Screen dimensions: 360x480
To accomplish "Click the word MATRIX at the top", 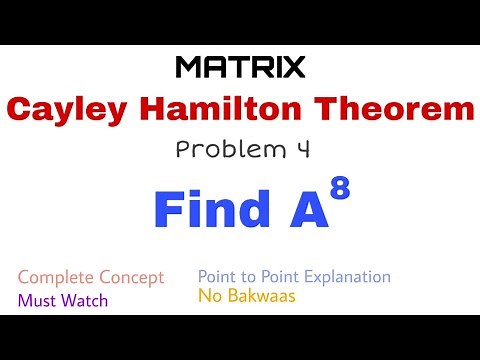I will click(240, 67).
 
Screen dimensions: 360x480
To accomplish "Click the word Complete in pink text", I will click(56, 277).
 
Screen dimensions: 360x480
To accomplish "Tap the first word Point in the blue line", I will click(218, 276).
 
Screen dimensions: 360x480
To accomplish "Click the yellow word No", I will click(209, 296).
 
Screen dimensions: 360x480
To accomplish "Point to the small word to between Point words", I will click(250, 277).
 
